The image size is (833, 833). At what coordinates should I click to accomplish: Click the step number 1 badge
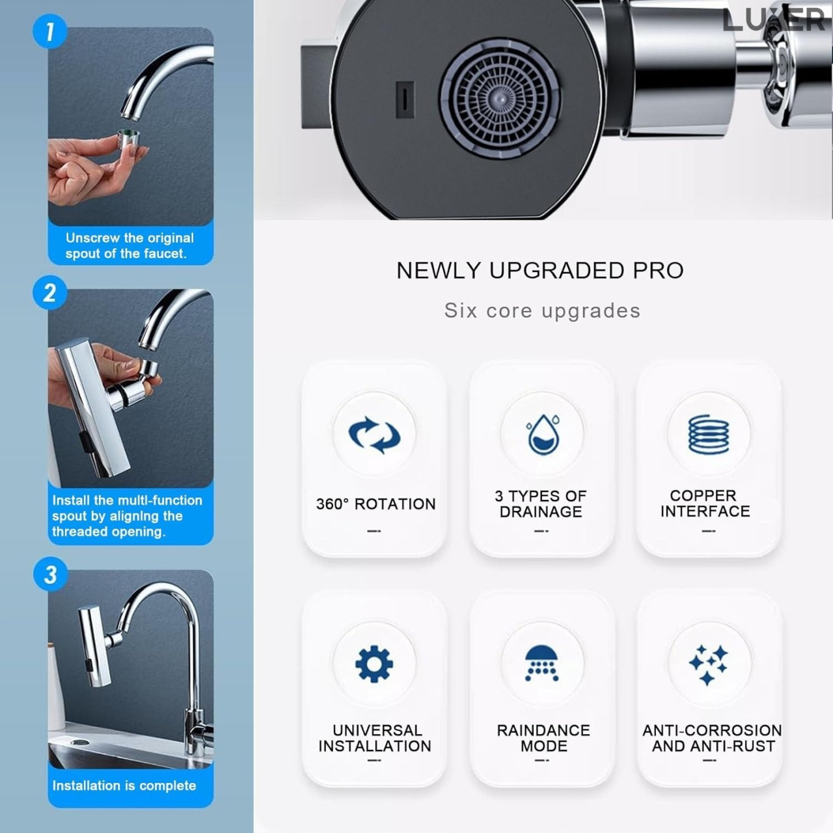click(x=49, y=31)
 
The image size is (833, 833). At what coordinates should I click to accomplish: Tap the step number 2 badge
click(x=49, y=293)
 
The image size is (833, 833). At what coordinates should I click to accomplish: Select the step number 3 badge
click(x=50, y=575)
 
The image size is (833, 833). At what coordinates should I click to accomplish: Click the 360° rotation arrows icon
click(x=374, y=434)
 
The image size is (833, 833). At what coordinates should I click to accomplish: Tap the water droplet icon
click(x=542, y=434)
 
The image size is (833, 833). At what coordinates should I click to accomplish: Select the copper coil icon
click(x=709, y=434)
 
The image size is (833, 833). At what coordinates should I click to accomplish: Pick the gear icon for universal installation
click(x=374, y=664)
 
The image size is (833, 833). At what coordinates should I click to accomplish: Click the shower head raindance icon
click(x=542, y=664)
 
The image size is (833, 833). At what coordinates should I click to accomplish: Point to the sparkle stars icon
click(x=709, y=664)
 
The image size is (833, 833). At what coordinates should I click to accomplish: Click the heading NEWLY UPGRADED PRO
click(x=540, y=270)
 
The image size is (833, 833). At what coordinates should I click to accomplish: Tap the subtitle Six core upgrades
click(x=542, y=310)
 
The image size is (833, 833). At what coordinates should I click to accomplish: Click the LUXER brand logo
click(x=773, y=20)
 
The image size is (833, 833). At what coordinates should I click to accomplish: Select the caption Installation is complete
click(x=124, y=785)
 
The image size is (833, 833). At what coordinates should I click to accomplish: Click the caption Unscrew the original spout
click(x=129, y=246)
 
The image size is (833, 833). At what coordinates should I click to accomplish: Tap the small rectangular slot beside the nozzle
click(x=405, y=100)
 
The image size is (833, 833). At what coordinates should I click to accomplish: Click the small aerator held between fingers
click(x=130, y=143)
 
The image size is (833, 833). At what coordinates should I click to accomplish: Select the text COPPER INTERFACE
click(x=705, y=504)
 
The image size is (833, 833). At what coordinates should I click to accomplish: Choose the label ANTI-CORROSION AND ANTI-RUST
click(x=712, y=738)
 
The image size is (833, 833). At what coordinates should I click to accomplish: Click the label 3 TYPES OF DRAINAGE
click(x=541, y=504)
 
